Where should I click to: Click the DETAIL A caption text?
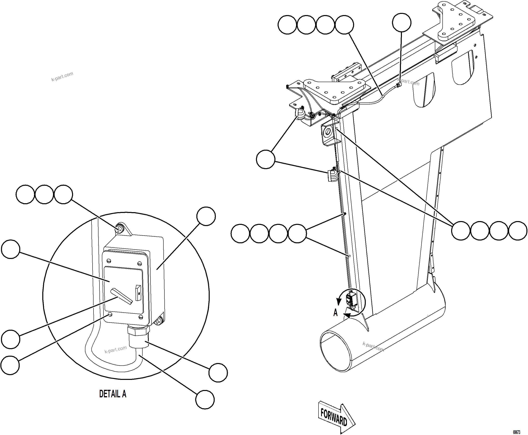point(113,394)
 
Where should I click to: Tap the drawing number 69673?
point(516,432)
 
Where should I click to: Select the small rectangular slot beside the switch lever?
point(138,292)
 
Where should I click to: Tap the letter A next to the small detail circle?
point(335,313)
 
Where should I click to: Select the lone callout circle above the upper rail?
point(402,23)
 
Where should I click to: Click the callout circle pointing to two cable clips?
point(266,159)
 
